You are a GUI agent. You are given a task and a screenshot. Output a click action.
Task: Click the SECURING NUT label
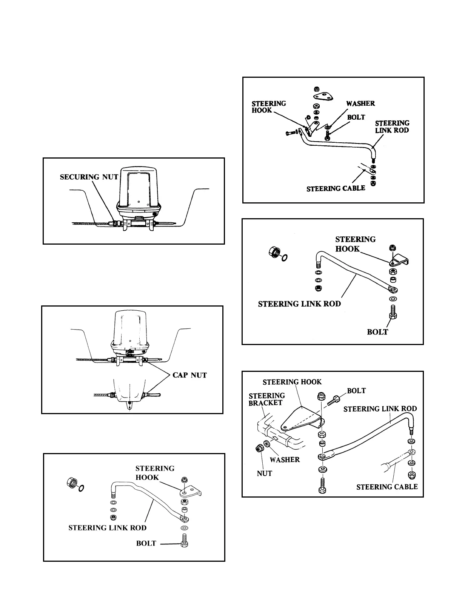[x=89, y=177]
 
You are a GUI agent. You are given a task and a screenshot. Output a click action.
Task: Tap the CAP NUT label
[x=189, y=375]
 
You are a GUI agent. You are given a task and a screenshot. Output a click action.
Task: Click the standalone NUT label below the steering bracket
[x=264, y=473]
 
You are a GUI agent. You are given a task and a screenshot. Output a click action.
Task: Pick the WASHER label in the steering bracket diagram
[x=285, y=459]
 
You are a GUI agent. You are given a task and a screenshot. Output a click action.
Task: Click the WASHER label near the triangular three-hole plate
[x=360, y=103]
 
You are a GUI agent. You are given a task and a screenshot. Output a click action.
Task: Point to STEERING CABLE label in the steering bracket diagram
[x=387, y=487]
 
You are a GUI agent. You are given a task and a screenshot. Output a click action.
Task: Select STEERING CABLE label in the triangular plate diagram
[x=336, y=188]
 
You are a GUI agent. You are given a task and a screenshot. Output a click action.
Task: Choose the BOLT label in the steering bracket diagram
[x=356, y=390]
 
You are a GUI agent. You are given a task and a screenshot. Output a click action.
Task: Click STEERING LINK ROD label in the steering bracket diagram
[x=380, y=408]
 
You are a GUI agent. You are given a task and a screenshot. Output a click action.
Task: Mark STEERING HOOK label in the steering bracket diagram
[x=292, y=382]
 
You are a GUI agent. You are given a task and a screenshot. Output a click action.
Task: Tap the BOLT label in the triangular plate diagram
[x=356, y=117]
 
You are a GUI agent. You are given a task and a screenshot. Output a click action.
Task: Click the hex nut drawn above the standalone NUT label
[x=259, y=448]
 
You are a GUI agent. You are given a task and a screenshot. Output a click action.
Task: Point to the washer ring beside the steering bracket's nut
[x=267, y=443]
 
